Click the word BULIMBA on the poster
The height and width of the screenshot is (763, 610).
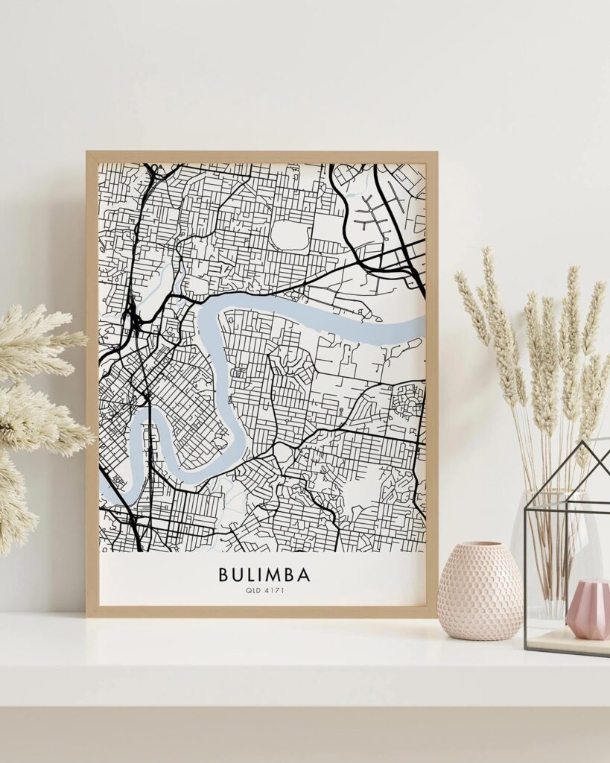coord(264,575)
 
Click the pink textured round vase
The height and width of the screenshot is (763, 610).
coord(480,592)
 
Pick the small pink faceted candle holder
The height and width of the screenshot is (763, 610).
coord(588,611)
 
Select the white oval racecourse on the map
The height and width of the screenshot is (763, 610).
coord(290,235)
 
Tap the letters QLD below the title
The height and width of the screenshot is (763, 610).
coord(252,591)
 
